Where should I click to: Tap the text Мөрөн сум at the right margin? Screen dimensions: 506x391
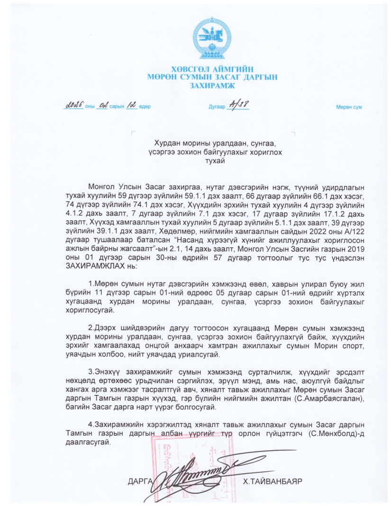pyautogui.click(x=349, y=107)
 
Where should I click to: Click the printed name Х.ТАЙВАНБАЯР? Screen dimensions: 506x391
pyautogui.click(x=272, y=482)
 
